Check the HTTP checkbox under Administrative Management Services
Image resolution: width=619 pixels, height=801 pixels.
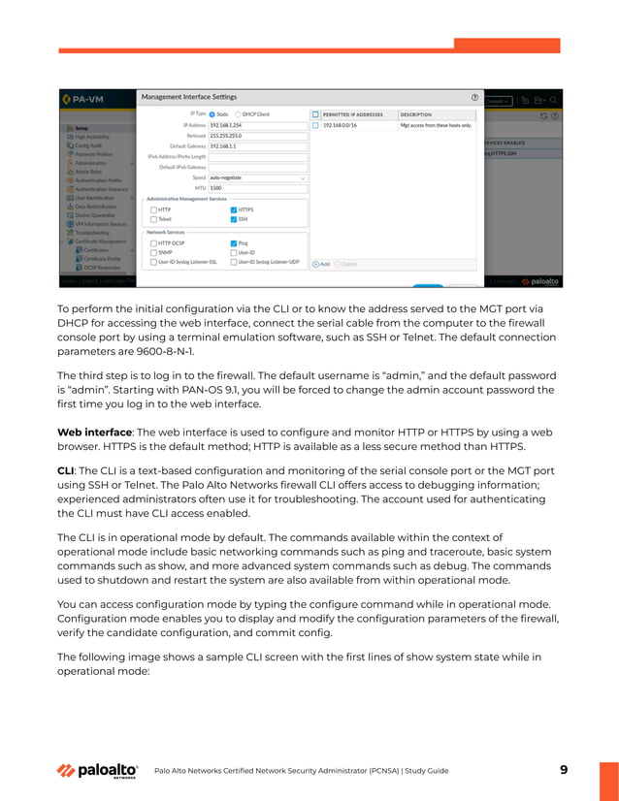click(x=153, y=209)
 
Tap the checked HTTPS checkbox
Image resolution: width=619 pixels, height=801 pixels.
click(x=234, y=209)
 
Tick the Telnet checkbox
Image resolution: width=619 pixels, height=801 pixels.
click(x=153, y=219)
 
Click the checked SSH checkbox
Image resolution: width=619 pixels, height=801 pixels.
click(x=234, y=219)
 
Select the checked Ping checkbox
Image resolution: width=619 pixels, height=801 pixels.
click(x=234, y=243)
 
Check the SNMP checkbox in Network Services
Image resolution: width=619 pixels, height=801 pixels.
click(x=153, y=253)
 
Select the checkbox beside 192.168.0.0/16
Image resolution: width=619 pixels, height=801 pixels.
click(x=315, y=125)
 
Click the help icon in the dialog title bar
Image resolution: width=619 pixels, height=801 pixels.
click(x=474, y=97)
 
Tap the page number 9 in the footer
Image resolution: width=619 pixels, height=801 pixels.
click(x=564, y=770)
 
